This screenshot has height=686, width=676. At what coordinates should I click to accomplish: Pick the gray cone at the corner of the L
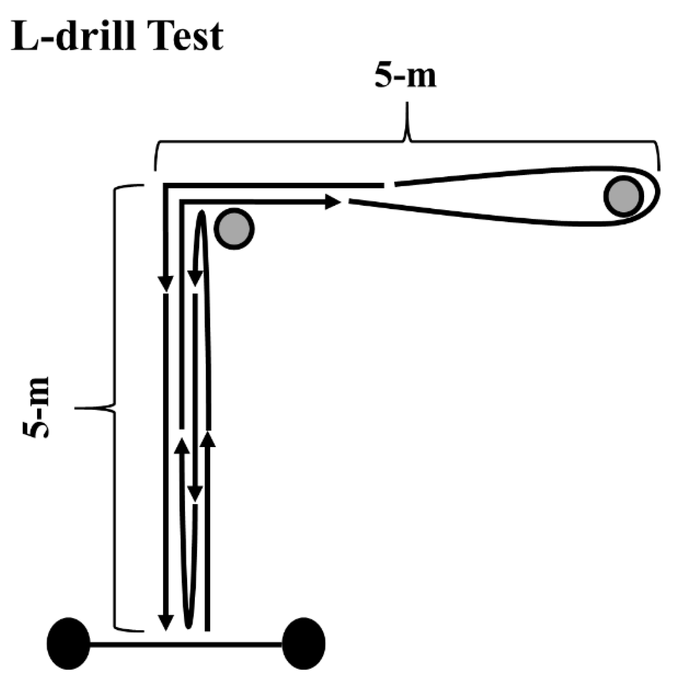tap(234, 229)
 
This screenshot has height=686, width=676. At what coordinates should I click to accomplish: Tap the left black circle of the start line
tap(69, 643)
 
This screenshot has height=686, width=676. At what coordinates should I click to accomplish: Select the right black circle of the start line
tap(303, 643)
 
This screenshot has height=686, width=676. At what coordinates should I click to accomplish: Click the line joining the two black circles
tap(186, 644)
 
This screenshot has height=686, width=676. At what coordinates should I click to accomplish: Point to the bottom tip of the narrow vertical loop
tap(187, 627)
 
